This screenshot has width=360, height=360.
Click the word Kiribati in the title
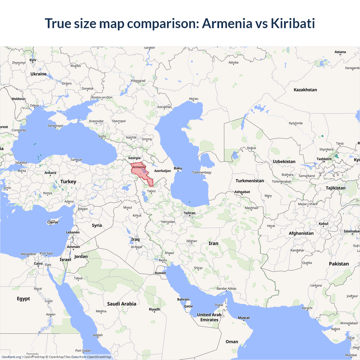point(292,23)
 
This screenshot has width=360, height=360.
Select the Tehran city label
point(190,213)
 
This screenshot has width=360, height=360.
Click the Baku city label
point(178,168)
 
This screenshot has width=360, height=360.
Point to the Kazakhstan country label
point(305,90)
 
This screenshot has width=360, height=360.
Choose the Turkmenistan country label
point(250,181)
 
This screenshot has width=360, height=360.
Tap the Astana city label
point(340,52)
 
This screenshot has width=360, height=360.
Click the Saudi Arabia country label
point(121,304)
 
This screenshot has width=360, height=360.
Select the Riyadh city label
point(154,309)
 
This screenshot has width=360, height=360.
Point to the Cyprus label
point(53,222)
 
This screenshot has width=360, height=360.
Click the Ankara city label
point(50,173)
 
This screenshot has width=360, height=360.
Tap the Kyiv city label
point(33,60)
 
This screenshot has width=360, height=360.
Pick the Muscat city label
point(244,318)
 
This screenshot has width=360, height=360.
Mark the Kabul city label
point(323,224)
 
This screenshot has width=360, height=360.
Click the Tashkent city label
point(324,159)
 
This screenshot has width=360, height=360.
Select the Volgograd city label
point(138,81)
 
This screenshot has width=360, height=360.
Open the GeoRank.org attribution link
point(11,357)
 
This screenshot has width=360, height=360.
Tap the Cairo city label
point(38,264)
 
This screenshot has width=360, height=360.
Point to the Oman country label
point(232,342)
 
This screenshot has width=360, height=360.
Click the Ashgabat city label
point(242,192)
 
